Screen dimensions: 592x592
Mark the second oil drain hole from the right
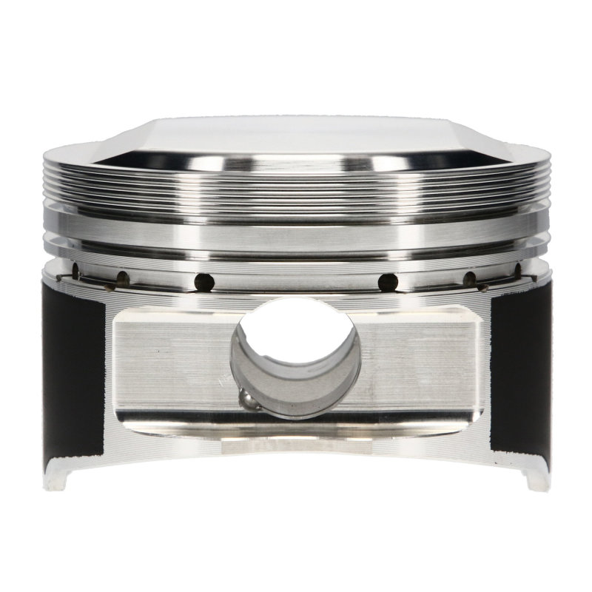(x=469, y=279)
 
